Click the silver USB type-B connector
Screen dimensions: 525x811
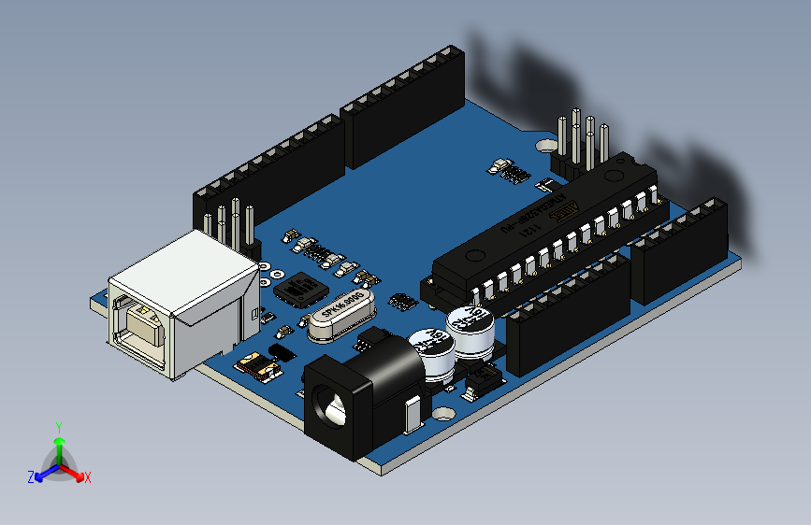coord(182,299)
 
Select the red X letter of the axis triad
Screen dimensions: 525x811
coord(88,477)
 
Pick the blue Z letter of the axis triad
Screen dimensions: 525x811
coord(31,476)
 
